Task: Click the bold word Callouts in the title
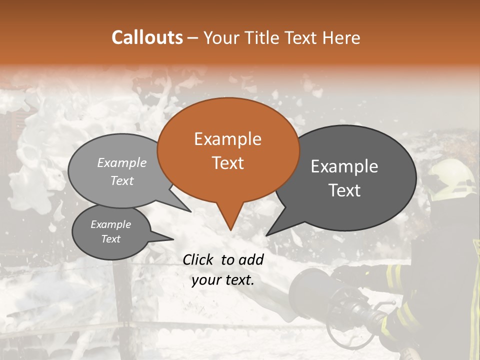147,37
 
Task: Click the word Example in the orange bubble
227,139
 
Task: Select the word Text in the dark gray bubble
344,190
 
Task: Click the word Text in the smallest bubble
110,239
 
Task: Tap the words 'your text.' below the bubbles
223,280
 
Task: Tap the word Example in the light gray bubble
121,163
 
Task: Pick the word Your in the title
220,37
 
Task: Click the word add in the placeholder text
251,259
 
